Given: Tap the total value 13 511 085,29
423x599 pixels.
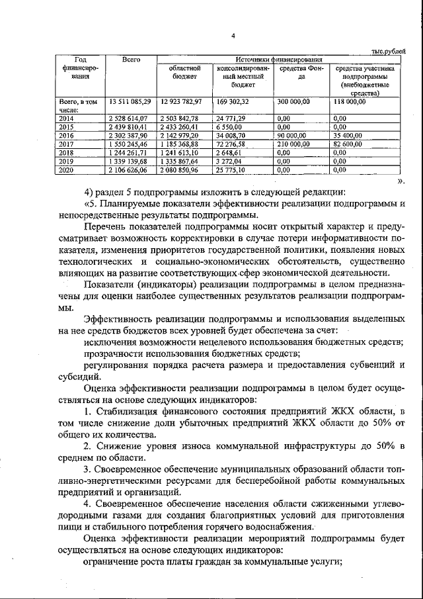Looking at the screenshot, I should (x=130, y=102).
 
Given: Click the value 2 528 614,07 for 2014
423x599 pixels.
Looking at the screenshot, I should (x=130, y=118).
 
